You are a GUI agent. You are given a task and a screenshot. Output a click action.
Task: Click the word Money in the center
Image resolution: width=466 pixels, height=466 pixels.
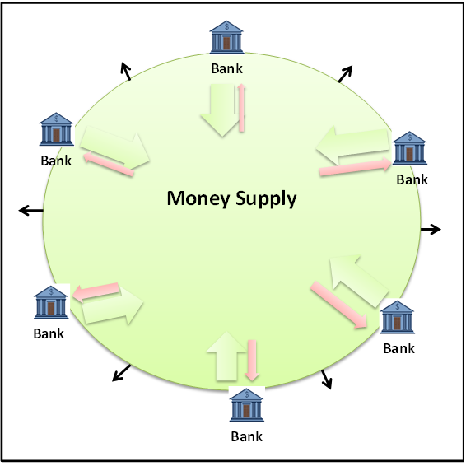point(198,198)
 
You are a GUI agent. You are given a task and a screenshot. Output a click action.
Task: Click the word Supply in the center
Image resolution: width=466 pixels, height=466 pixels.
point(266,198)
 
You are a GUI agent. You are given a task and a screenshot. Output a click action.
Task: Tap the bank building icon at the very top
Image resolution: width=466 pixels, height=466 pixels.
point(226,37)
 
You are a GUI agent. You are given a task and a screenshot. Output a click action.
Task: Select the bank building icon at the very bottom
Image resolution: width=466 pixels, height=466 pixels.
point(247,405)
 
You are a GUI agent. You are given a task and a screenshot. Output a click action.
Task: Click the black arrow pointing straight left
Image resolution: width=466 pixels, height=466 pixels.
point(31,211)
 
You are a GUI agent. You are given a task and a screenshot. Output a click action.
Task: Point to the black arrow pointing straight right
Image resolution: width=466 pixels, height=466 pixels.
point(431,230)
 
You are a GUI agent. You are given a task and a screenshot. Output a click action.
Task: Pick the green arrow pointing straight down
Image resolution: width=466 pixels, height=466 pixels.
point(221,110)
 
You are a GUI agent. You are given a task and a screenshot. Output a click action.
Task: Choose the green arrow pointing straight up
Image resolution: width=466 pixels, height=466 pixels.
point(226,356)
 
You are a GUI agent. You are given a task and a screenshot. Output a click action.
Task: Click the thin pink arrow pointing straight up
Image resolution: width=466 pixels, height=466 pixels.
point(241,108)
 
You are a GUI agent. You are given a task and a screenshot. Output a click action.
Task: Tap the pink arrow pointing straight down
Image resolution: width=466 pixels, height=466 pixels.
point(252,360)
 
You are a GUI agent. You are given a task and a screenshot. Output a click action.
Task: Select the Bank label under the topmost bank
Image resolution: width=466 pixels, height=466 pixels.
point(226,68)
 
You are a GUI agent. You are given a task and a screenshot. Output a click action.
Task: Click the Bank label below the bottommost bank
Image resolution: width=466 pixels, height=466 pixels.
point(247,436)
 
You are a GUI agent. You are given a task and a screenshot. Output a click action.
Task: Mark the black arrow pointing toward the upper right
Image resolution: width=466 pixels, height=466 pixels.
point(345,74)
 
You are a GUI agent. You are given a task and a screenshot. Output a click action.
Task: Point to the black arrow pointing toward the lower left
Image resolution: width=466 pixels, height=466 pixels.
point(122,373)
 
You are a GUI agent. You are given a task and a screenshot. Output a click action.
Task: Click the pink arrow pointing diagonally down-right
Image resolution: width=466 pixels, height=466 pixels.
point(340,305)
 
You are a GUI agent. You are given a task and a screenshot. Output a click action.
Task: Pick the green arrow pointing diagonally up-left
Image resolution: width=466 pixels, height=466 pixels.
point(359,281)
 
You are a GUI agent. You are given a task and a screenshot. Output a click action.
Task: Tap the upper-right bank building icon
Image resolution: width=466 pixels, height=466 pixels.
point(409,148)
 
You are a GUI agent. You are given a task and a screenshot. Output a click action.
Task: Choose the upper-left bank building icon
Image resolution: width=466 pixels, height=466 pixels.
point(56,129)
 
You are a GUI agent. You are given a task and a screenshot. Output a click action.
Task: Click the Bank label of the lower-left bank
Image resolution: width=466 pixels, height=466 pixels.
point(49,333)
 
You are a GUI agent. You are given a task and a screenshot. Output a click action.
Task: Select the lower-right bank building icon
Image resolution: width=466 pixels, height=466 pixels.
point(397,317)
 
